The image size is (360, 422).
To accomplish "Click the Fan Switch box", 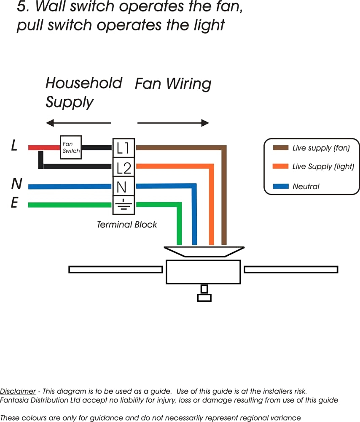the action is click(71, 147).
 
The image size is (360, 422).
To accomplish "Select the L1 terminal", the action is click(124, 148).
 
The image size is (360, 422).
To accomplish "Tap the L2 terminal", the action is click(124, 167).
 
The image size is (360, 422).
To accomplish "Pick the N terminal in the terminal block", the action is click(124, 186).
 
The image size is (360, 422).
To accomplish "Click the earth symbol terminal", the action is click(124, 205).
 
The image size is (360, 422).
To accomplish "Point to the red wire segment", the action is click(44, 147).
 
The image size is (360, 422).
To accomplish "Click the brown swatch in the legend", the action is click(281, 148).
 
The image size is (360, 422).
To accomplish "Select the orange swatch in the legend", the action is click(281, 166).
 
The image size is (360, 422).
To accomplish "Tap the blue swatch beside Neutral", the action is click(281, 186).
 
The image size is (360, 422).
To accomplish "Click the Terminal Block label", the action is click(127, 225).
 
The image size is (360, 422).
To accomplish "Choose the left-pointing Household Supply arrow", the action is click(78, 123).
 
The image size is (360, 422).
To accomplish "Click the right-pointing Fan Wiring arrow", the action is click(173, 123).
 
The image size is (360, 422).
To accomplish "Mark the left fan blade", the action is click(116, 269).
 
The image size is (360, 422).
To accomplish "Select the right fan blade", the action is click(291, 269).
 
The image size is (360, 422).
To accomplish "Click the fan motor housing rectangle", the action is click(203, 272).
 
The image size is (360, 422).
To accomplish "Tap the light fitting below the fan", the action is click(204, 293).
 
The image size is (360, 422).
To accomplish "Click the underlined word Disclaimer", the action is click(18, 391).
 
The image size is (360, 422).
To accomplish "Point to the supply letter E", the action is click(14, 203).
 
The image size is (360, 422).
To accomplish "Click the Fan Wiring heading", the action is click(173, 84).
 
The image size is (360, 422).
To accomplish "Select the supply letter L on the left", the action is click(14, 145).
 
